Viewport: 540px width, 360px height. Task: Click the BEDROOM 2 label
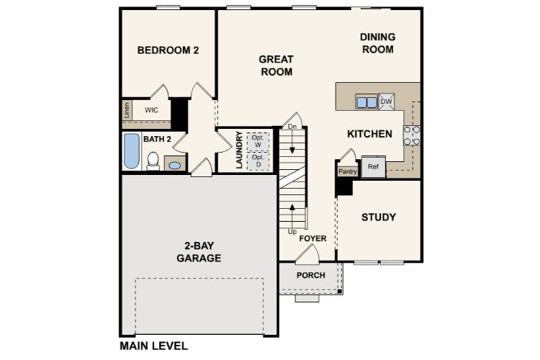coord(168,50)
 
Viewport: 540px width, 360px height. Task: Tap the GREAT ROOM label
coord(276,66)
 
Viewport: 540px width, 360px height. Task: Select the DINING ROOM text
coord(377,43)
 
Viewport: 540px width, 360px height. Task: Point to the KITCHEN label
coord(369,134)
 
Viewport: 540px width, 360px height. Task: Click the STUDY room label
coord(378,217)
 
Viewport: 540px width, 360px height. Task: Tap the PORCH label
coord(310,276)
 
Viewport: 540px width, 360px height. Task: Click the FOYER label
coord(314,238)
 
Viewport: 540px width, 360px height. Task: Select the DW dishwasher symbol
coord(387,102)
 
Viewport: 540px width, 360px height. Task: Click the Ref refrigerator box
coord(373,166)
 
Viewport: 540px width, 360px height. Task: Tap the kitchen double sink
coord(366,102)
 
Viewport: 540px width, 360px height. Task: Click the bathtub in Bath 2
coord(131,151)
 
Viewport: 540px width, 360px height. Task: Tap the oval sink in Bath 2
coord(174,165)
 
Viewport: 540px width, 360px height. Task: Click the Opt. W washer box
coord(257,140)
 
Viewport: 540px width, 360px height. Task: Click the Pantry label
coord(348,171)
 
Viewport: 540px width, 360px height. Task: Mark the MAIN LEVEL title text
coord(153,346)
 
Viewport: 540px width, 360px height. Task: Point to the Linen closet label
coord(127,110)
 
